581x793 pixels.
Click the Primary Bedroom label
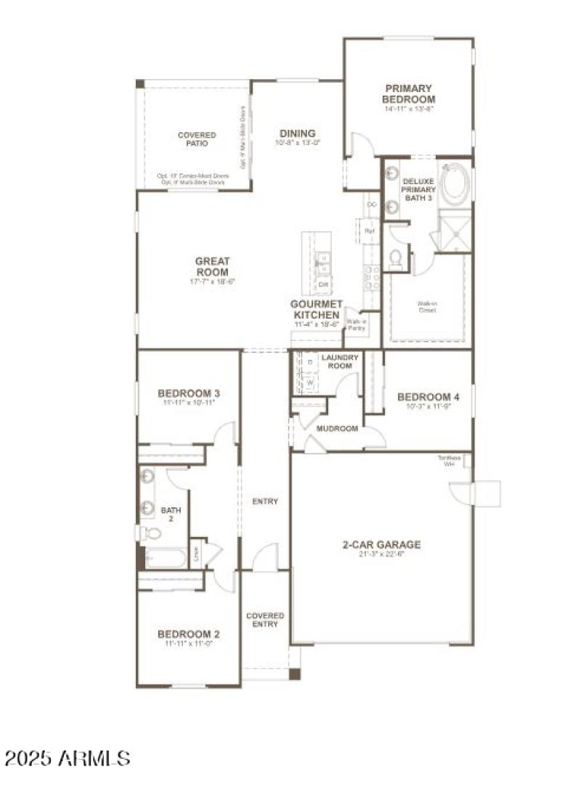coord(410,94)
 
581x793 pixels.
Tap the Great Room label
coord(212,266)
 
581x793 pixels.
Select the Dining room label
coord(298,133)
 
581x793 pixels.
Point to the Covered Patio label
coord(197,139)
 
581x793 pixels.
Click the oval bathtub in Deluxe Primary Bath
coord(455,186)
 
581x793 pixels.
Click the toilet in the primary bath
coord(397,258)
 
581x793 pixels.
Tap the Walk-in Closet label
coord(426,308)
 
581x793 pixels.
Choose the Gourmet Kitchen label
coord(315,311)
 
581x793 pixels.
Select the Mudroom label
coord(337,429)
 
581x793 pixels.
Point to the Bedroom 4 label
coord(428,397)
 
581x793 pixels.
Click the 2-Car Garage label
coord(381,545)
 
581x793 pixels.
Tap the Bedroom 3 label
coord(188,394)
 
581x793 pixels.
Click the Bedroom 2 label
coord(188,634)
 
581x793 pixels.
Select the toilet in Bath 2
coord(150,534)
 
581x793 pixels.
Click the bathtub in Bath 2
coord(164,558)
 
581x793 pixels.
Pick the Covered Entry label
coord(265,620)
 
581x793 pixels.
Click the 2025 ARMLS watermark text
coord(67,759)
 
